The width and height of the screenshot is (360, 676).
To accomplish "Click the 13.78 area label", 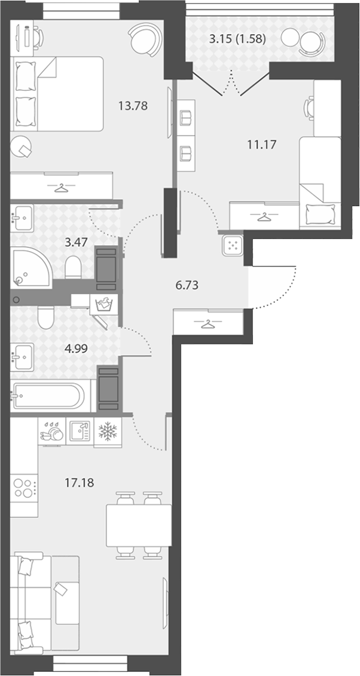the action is [x=133, y=105].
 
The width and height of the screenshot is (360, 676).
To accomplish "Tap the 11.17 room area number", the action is [x=261, y=145].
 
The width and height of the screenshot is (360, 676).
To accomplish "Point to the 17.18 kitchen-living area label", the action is [x=80, y=482].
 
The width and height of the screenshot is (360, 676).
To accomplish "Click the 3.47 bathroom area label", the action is [x=76, y=242].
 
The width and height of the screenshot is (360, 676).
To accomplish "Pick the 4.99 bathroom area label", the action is [x=76, y=348].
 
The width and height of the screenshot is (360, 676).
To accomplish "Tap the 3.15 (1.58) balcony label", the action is [x=237, y=39].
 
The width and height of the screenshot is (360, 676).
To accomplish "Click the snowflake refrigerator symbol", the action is [x=108, y=432].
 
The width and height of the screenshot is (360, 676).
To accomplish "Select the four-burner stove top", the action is [x=23, y=488].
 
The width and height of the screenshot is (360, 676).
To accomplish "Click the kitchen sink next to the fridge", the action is [x=80, y=431].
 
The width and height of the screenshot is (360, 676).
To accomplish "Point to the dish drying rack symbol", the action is [x=51, y=432].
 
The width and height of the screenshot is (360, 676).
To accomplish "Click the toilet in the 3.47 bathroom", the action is [x=73, y=267].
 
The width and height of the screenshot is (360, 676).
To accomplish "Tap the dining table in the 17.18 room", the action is [x=139, y=525].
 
